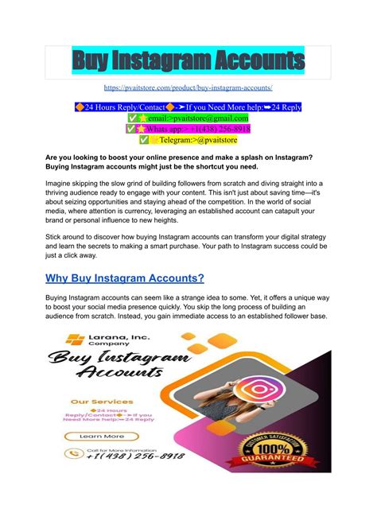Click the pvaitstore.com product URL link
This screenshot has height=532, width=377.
188,87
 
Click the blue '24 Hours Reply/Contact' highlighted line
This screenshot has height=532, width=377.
188,107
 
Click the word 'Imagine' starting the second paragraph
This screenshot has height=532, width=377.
66,182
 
